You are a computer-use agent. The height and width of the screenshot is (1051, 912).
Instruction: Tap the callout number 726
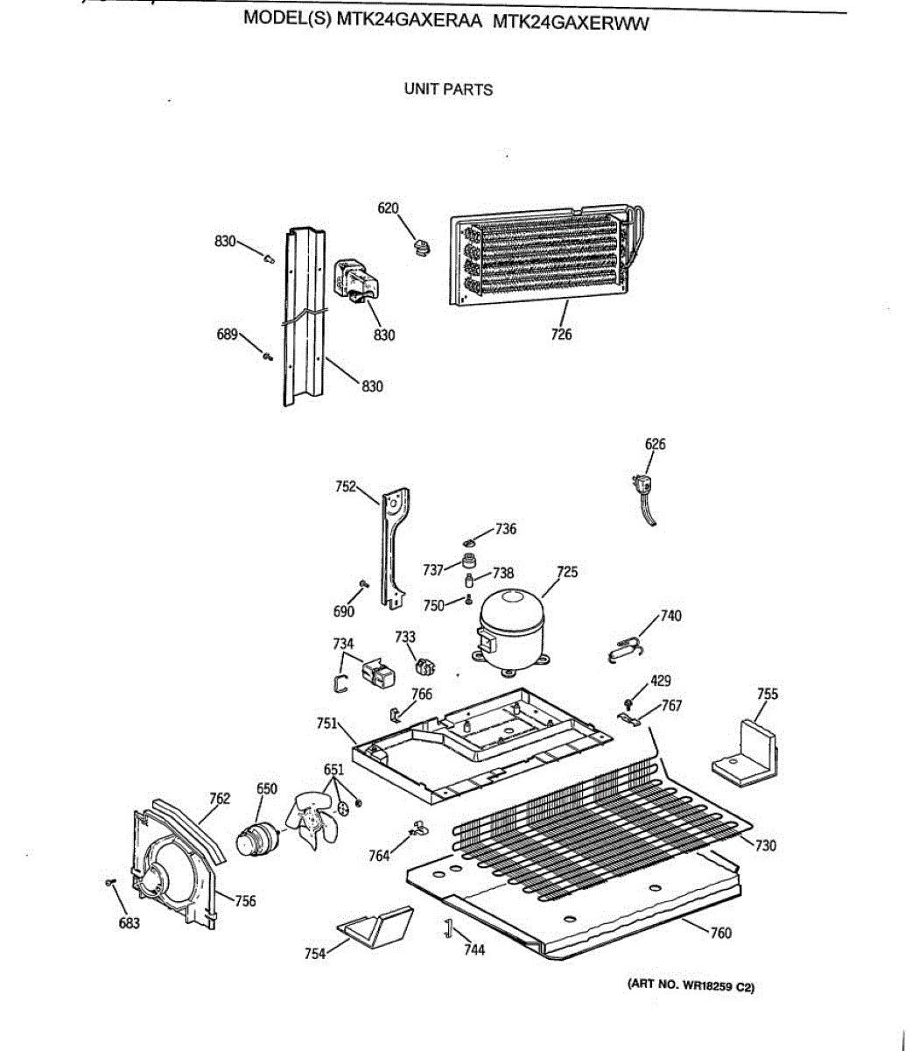pyautogui.click(x=561, y=334)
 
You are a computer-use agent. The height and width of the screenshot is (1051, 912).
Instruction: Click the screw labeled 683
pyautogui.click(x=109, y=883)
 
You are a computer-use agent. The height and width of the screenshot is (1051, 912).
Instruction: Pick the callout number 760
pyautogui.click(x=720, y=933)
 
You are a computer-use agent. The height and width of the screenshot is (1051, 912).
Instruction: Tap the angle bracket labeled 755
pyautogui.click(x=748, y=751)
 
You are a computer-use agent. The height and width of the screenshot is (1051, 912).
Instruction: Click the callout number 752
pyautogui.click(x=346, y=485)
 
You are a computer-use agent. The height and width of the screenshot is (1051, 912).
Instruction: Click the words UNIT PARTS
pyautogui.click(x=448, y=89)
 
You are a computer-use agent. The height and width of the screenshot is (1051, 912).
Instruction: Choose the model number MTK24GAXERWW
pyautogui.click(x=572, y=23)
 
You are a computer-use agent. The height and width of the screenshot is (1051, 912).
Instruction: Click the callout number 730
pyautogui.click(x=766, y=845)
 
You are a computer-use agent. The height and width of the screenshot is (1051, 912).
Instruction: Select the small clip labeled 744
pyautogui.click(x=447, y=929)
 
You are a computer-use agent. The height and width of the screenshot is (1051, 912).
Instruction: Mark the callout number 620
pyautogui.click(x=388, y=208)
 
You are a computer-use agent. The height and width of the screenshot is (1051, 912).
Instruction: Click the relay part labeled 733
pyautogui.click(x=425, y=668)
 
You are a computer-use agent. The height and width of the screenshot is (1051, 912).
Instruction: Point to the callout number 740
pyautogui.click(x=670, y=616)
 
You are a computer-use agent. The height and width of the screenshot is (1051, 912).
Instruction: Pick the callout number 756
pyautogui.click(x=245, y=900)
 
